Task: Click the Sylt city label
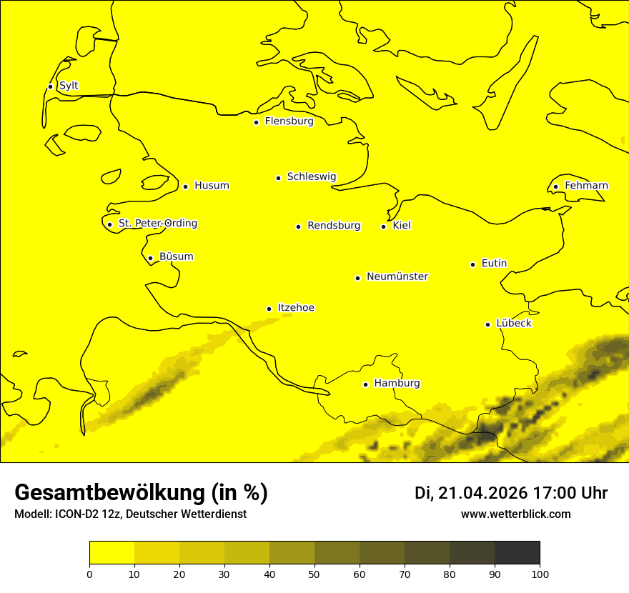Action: click(x=69, y=86)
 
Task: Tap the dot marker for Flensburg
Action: click(x=256, y=122)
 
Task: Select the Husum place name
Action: click(x=212, y=186)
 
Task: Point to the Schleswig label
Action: click(x=311, y=176)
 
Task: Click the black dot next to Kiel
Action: click(x=384, y=226)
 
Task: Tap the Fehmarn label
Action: click(x=586, y=186)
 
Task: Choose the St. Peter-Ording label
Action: click(x=157, y=224)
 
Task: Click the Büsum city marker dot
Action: click(x=150, y=258)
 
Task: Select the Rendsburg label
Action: click(x=334, y=226)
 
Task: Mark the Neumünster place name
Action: click(x=397, y=276)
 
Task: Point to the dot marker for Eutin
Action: click(x=472, y=264)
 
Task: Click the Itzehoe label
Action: click(x=296, y=308)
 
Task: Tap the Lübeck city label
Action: click(x=513, y=323)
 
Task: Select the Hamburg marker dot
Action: click(x=365, y=384)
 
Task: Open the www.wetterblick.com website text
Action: click(x=516, y=514)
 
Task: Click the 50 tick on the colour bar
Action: click(x=314, y=574)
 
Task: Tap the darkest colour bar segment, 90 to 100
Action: click(x=517, y=552)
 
